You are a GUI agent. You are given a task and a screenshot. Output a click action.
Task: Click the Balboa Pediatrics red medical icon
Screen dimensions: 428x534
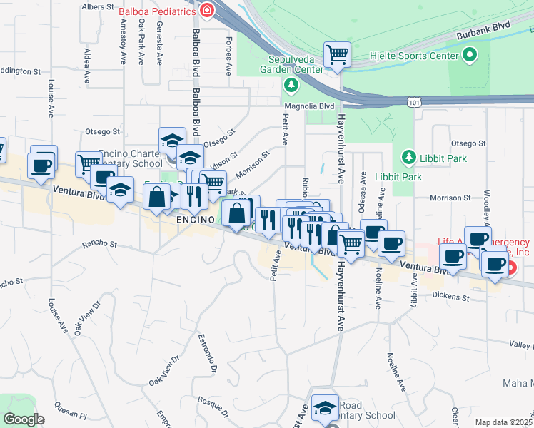(207, 11)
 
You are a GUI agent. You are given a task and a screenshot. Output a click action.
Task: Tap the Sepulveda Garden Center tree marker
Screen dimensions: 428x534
(291, 86)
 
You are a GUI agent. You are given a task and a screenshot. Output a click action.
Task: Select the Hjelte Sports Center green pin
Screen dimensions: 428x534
(469, 54)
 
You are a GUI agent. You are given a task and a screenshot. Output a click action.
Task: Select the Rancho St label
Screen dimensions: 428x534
(99, 244)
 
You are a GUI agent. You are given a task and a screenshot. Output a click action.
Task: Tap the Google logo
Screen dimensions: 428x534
(24, 419)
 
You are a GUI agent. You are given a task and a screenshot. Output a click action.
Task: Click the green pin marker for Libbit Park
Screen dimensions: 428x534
(408, 156)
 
